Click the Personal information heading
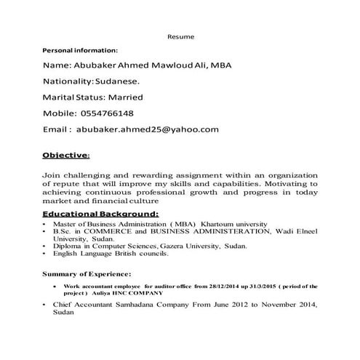pyautogui.click(x=80, y=50)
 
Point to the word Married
pyautogui.click(x=124, y=97)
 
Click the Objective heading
pyautogui.click(x=65, y=155)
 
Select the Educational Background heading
pyautogui.click(x=100, y=215)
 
